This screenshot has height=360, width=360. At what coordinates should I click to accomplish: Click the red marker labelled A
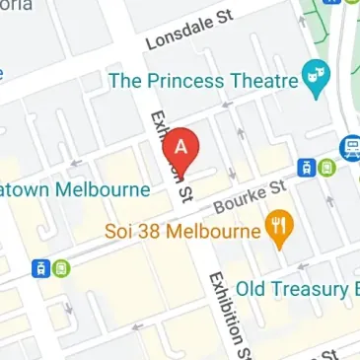tap(180, 151)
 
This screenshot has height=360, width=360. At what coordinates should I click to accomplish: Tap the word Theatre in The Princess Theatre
tap(264, 80)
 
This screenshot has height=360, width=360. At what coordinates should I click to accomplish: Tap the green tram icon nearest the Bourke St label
tap(326, 168)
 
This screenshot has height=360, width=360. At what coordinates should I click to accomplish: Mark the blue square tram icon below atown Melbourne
tap(41, 267)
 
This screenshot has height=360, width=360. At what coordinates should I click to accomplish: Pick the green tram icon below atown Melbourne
tap(60, 267)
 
